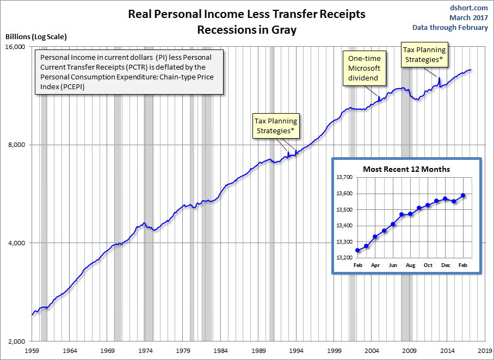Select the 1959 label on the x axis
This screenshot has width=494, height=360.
(32, 351)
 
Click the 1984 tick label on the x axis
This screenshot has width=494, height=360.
(221, 351)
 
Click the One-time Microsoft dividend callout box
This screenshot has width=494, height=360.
(365, 69)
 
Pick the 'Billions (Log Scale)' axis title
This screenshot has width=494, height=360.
(36, 36)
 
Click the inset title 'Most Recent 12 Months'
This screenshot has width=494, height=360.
(407, 169)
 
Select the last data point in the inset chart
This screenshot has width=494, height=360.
(463, 195)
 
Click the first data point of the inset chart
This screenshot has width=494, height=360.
(357, 251)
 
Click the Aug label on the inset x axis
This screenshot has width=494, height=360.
(410, 265)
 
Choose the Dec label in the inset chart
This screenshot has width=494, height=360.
(445, 265)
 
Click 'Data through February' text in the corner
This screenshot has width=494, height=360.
(458, 28)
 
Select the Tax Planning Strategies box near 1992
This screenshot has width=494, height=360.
(276, 126)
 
